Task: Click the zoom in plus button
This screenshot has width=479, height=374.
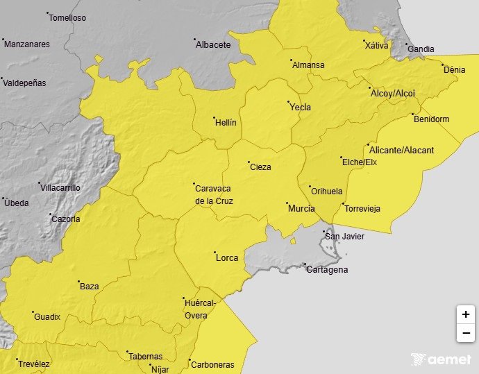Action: tap(465, 314)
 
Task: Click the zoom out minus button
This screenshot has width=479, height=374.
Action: tap(465, 334)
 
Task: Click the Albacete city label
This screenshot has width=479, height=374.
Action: tap(213, 44)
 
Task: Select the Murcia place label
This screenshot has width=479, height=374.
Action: tap(301, 208)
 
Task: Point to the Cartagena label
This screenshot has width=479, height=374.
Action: tap(328, 270)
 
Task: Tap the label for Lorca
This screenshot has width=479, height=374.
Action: tap(227, 257)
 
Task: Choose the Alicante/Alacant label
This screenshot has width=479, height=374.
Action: tap(402, 150)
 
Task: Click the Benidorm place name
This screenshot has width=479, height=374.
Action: tap(431, 119)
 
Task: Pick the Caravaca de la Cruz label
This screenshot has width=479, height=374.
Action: tap(214, 194)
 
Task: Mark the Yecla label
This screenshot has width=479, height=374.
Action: tap(300, 107)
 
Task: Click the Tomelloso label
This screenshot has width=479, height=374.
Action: tap(68, 17)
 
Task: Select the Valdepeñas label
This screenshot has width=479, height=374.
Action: tap(24, 83)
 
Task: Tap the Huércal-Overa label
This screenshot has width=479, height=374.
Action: tap(201, 309)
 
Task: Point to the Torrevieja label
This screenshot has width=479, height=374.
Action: tap(362, 208)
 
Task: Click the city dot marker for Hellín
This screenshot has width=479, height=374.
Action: tap(214, 117)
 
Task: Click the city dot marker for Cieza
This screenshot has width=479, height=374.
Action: tap(249, 162)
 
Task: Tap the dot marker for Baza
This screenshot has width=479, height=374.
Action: tap(78, 282)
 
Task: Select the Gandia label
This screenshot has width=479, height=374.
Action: tap(421, 49)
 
